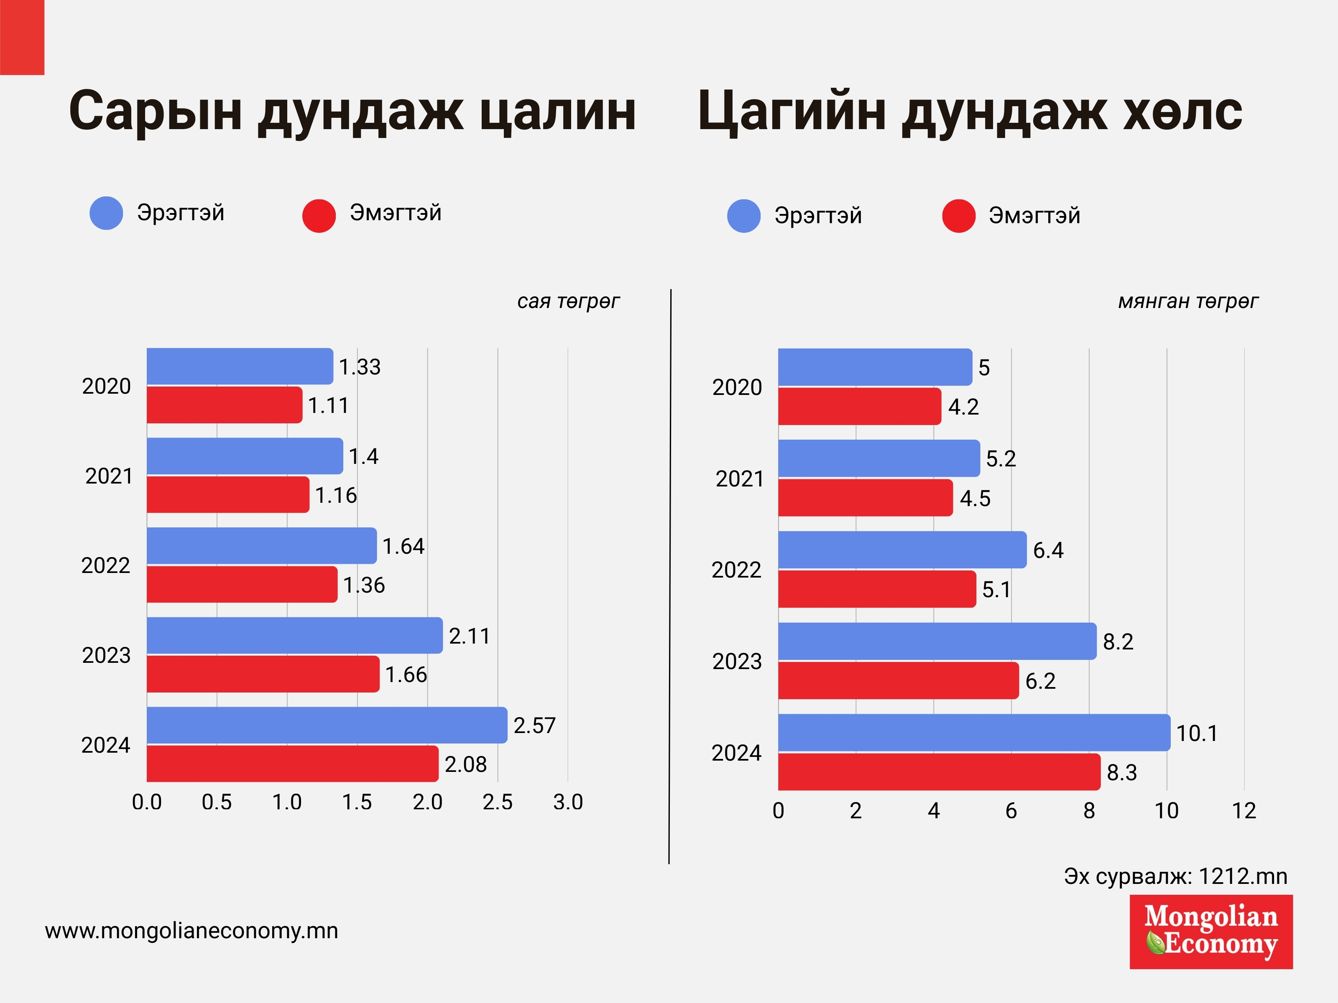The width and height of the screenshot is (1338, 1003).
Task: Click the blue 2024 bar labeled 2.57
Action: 327,725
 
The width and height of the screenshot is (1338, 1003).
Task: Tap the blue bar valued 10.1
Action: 974,732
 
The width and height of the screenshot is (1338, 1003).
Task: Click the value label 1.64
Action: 403,547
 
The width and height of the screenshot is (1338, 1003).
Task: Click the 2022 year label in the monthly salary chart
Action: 106,566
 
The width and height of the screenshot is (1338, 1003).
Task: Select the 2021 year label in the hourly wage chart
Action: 740,479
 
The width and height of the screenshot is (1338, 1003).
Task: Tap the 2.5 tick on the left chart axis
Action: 497,802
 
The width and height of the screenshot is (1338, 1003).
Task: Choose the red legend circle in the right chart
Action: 959,216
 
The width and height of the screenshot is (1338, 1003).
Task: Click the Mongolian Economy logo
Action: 1211,932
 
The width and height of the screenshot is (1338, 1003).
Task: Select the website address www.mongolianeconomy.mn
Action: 191,930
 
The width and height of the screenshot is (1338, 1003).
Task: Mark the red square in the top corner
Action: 22,37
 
